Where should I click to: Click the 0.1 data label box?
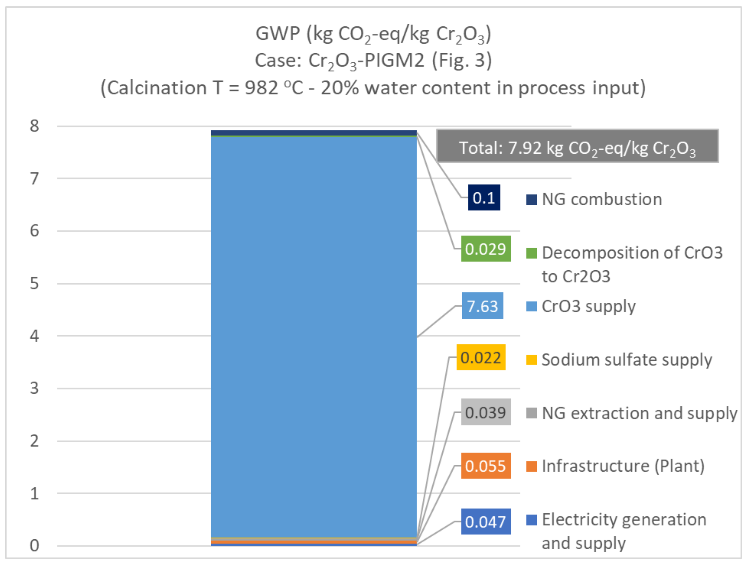click(484, 198)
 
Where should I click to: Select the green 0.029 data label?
click(486, 249)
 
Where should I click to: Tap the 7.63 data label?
click(482, 306)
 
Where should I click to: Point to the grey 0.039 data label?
click(486, 412)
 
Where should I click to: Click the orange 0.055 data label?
click(486, 466)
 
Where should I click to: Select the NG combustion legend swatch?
click(531, 200)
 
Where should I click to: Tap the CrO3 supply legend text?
click(588, 306)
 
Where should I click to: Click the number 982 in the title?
click(261, 88)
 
